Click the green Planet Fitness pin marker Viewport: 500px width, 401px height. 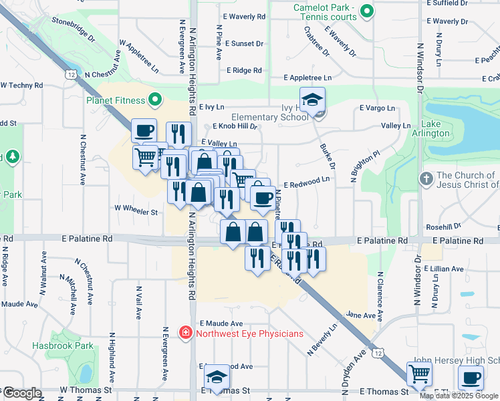(x=156, y=101)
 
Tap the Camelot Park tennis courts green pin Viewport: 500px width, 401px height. (x=366, y=11)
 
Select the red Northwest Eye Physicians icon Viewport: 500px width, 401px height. (x=184, y=333)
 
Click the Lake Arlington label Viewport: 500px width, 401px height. (x=436, y=129)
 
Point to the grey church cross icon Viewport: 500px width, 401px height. (x=426, y=180)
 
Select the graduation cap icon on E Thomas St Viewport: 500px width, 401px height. (x=216, y=378)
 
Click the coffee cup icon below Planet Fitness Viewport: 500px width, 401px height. (x=144, y=131)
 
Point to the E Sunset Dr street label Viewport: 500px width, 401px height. (x=244, y=43)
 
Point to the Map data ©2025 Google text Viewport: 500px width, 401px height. (x=459, y=396)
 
